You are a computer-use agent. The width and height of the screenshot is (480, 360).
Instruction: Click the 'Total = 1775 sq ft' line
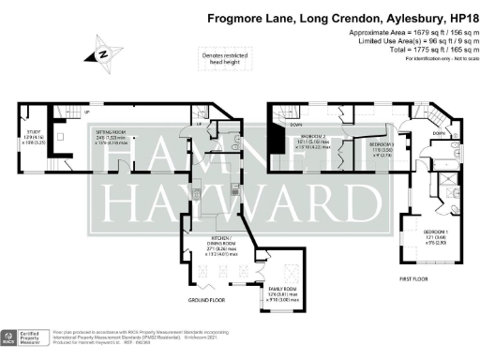pyautogui.click(x=418, y=50)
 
